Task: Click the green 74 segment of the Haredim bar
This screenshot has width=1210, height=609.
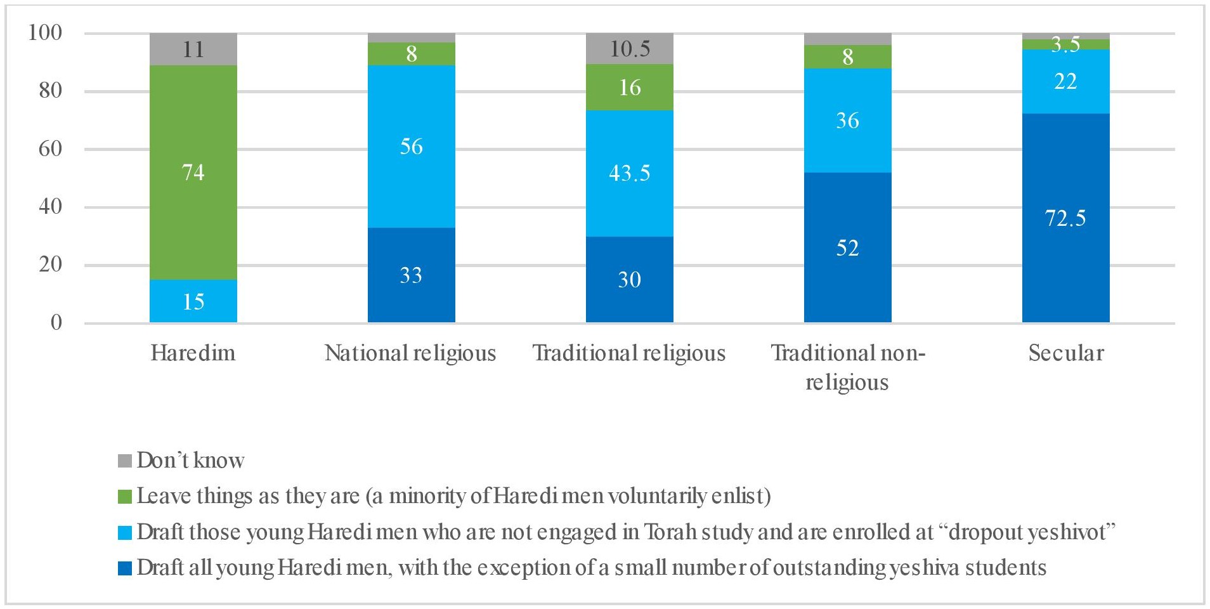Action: point(193,172)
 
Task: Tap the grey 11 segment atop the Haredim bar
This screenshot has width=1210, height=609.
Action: point(193,49)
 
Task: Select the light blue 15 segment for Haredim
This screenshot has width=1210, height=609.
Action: point(193,301)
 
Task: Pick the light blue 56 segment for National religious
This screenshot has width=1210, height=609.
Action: point(411,147)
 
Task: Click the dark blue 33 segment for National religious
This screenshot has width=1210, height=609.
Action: point(411,275)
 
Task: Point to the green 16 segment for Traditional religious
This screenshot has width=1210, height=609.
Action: point(629,88)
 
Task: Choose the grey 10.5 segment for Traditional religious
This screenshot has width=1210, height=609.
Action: point(629,49)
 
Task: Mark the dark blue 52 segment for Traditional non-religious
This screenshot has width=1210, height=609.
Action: point(847,247)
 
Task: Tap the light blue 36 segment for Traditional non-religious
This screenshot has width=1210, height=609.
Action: point(847,121)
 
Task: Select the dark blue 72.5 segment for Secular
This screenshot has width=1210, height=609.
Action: point(1065,218)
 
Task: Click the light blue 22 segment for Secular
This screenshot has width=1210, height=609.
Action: point(1065,81)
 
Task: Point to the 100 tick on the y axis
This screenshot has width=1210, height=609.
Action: point(45,33)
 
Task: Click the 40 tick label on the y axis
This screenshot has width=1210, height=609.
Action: point(50,207)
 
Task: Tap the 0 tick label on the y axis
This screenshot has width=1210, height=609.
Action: point(56,323)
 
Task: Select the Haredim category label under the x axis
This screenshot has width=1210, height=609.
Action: point(193,353)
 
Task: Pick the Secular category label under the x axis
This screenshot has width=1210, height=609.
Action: point(1065,353)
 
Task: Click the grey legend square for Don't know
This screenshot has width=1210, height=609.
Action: point(125,461)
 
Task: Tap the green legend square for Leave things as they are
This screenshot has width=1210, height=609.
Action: point(125,496)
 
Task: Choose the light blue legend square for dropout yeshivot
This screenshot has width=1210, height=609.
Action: point(125,532)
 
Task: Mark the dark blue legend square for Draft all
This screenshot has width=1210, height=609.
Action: point(125,568)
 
